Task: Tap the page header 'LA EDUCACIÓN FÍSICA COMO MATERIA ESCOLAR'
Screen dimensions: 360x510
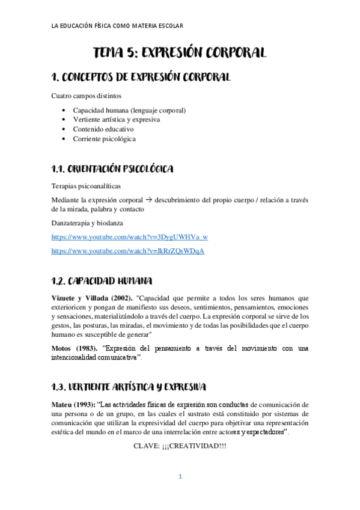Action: click(118, 25)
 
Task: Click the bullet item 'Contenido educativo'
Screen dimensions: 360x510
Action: click(103, 129)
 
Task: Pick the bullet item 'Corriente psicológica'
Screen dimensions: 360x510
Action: click(105, 139)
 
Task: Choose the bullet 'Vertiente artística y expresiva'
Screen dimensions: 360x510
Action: click(116, 120)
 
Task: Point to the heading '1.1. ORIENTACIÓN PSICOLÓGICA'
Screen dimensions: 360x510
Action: click(113, 168)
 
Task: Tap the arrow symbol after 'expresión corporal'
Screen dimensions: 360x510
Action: click(148, 199)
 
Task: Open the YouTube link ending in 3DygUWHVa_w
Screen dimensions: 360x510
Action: click(130, 237)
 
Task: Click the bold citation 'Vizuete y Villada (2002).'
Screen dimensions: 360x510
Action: click(90, 298)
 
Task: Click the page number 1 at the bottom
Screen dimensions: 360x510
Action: click(180, 478)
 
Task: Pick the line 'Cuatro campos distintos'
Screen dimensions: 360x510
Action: click(86, 96)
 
